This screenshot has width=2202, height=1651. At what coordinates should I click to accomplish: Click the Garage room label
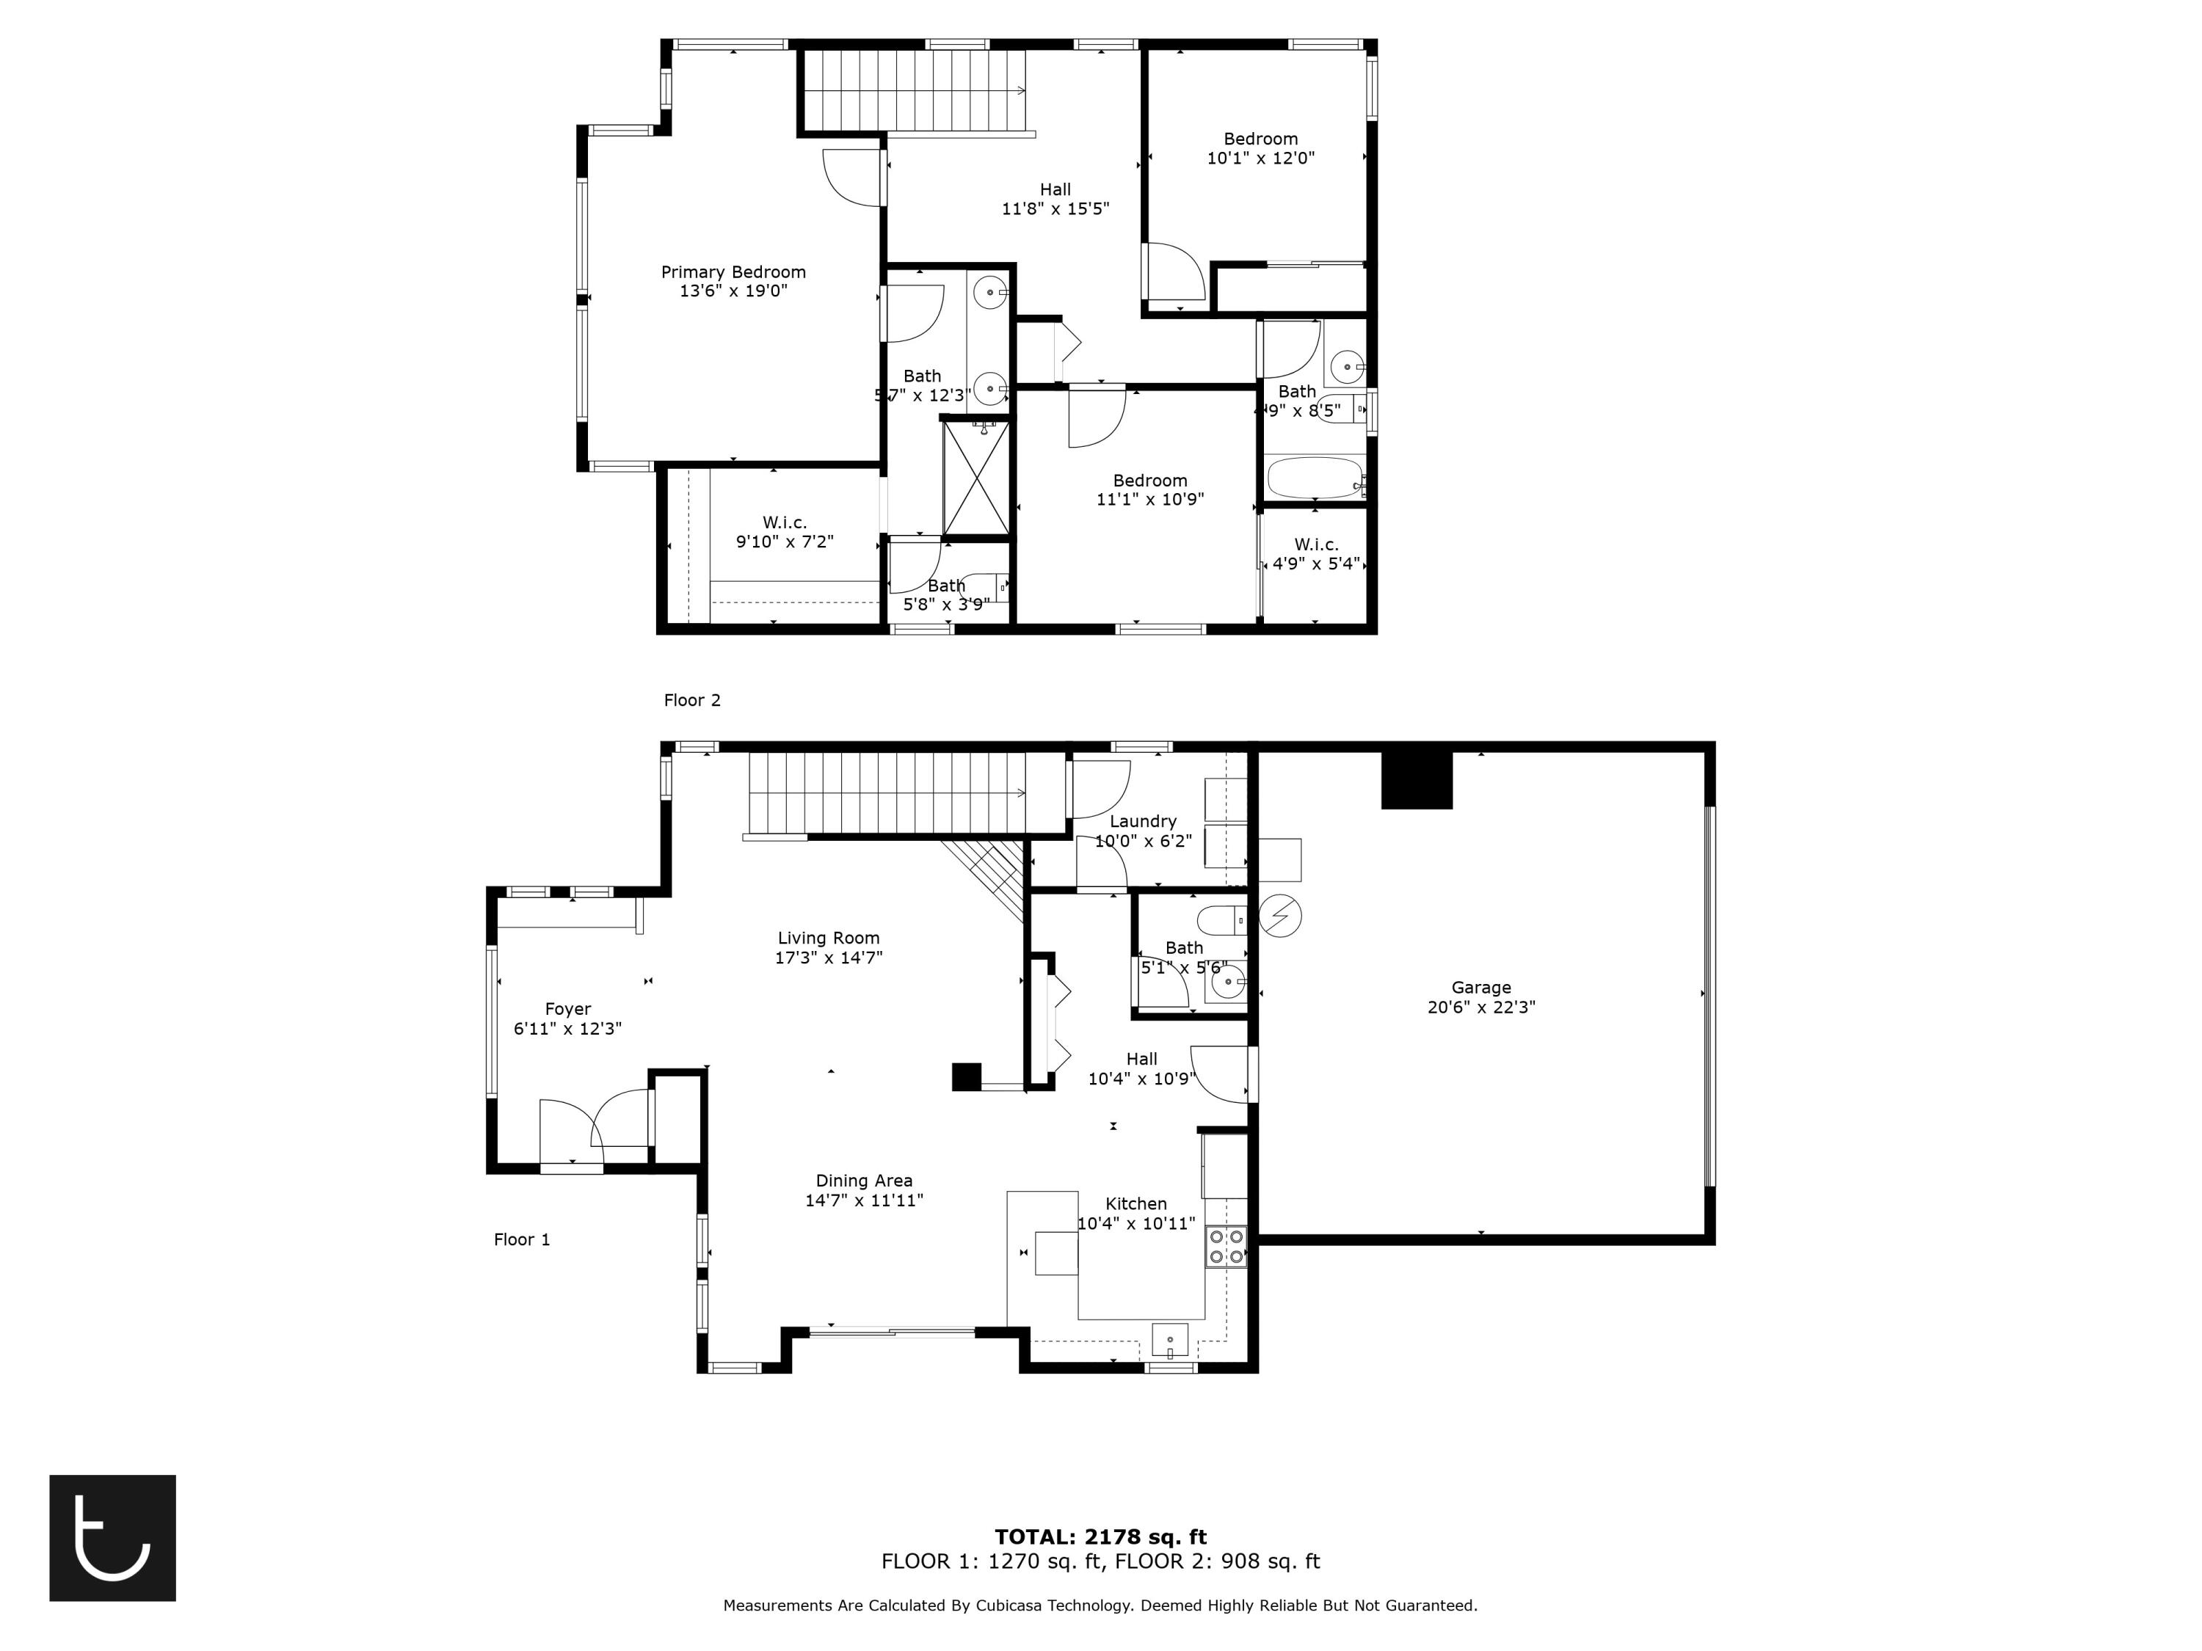(1480, 987)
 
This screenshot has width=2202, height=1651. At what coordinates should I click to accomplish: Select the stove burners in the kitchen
(1226, 1246)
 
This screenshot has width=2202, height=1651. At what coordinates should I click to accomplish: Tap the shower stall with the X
(975, 478)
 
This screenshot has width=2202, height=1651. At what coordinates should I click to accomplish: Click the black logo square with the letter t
(112, 1537)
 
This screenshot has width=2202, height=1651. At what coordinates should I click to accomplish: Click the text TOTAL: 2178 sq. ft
(1100, 1537)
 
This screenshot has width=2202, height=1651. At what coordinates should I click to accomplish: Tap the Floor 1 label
(522, 1239)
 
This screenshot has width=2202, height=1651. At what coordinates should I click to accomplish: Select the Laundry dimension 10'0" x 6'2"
(1143, 841)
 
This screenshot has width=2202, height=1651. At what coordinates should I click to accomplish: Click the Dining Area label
(863, 1180)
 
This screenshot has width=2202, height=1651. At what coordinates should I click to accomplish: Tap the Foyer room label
(567, 1009)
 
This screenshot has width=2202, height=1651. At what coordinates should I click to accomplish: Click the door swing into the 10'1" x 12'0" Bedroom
(1177, 273)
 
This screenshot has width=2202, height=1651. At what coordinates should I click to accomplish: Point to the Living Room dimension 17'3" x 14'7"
(828, 958)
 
